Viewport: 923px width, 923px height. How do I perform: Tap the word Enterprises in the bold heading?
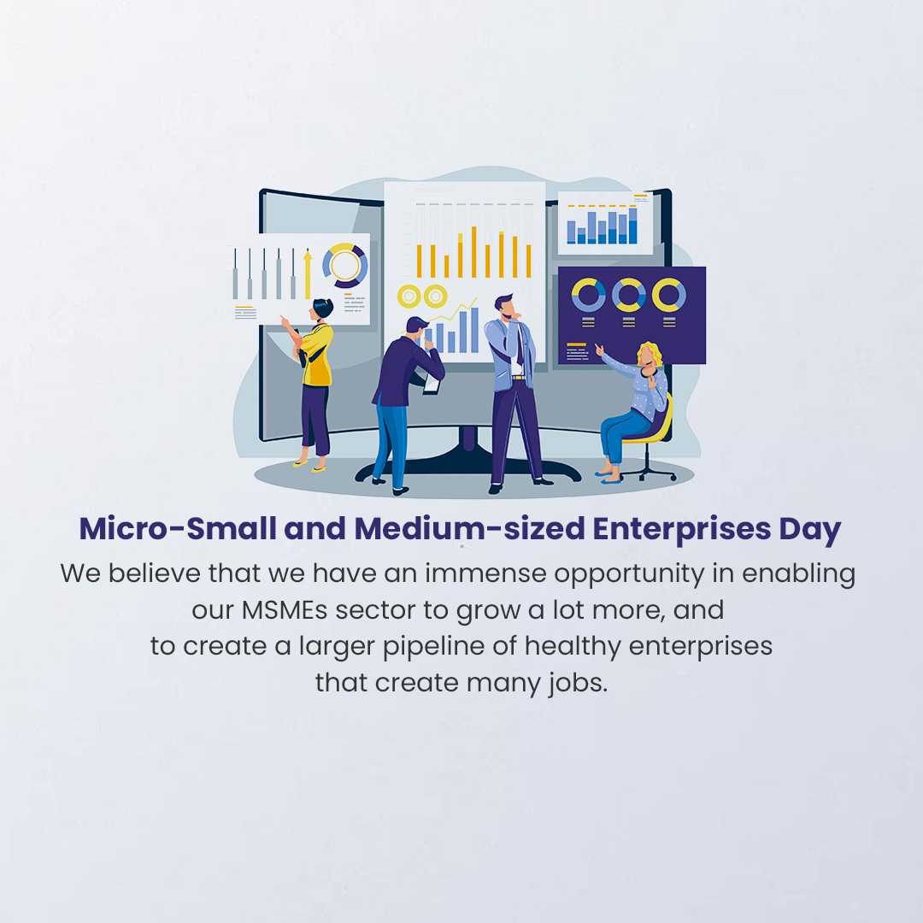(x=682, y=529)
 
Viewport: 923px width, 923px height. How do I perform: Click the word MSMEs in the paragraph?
(x=285, y=610)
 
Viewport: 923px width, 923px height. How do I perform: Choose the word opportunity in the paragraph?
(x=629, y=574)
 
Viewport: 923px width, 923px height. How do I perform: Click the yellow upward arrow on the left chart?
(x=308, y=274)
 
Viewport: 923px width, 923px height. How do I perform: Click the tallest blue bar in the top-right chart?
(x=632, y=226)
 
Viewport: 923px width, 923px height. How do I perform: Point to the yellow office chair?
(x=654, y=437)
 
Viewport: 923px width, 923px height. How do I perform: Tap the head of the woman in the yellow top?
(x=322, y=309)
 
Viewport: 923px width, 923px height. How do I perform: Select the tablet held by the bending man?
(x=432, y=385)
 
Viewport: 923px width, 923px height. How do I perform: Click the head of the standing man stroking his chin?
(x=505, y=307)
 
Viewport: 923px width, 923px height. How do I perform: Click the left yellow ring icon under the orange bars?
(x=409, y=296)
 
